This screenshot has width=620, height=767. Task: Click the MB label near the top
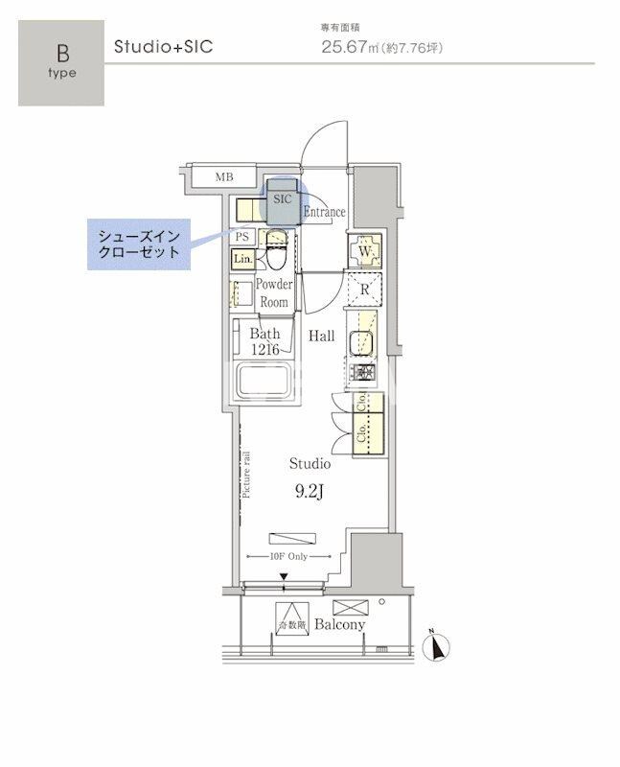point(223,176)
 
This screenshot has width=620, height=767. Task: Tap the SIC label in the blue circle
point(281,199)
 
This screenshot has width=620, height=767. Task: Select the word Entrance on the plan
point(324,212)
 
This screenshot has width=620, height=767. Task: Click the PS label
point(242,237)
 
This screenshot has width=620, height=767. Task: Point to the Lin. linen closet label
point(241,258)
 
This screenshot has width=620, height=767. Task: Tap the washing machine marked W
point(365,252)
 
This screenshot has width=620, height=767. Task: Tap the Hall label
point(321,337)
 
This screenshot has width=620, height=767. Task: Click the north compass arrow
point(439,648)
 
